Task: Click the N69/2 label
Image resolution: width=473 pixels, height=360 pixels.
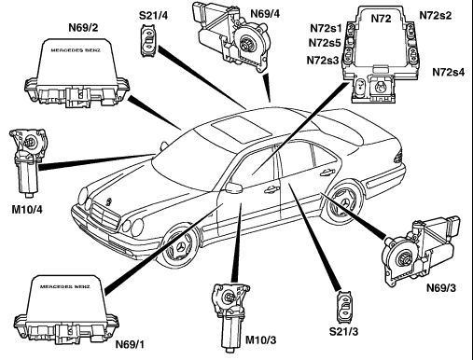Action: tap(83, 28)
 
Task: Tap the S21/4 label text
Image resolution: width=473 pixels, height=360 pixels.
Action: tap(153, 15)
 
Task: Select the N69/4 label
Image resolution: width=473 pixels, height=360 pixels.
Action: tap(265, 14)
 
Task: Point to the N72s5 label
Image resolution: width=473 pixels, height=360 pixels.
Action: tap(325, 43)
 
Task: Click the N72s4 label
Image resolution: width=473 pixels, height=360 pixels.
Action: tap(449, 72)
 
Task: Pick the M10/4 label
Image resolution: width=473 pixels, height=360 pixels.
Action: tap(27, 210)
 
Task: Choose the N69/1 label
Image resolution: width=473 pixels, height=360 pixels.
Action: tap(130, 344)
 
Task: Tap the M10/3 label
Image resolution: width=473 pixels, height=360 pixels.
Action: tap(260, 340)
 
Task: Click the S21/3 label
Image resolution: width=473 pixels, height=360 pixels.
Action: tap(343, 331)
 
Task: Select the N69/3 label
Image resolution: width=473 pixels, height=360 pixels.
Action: tap(441, 288)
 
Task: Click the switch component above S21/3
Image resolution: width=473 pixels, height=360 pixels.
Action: tap(344, 307)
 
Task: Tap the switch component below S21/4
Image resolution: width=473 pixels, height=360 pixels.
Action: tap(149, 41)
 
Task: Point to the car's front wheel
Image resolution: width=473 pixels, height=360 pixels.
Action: tap(180, 247)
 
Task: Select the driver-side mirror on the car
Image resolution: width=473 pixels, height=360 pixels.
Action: tap(234, 187)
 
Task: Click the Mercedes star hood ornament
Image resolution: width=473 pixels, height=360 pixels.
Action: tap(108, 201)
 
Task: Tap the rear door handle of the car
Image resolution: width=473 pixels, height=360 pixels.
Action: tap(328, 172)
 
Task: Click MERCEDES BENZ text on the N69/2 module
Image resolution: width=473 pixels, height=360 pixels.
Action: tap(76, 50)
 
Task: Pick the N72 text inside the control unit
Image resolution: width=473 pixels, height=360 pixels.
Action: tap(381, 19)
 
